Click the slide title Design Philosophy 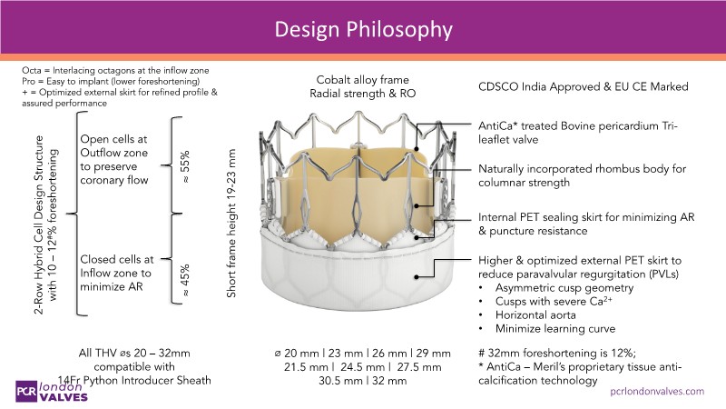363,29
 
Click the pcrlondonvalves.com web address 656,391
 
